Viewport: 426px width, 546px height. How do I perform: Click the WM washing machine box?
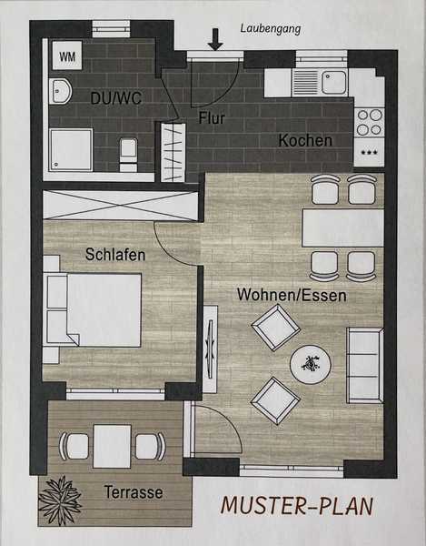(x=67, y=55)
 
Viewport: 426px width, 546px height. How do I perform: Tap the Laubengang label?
(x=271, y=28)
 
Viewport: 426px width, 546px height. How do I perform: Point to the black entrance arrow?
(x=215, y=39)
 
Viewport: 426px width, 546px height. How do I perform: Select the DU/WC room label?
(x=116, y=98)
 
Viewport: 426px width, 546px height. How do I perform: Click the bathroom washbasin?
(x=61, y=91)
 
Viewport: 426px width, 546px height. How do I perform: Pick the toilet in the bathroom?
(x=128, y=153)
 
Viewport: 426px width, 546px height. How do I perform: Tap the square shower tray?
(x=71, y=150)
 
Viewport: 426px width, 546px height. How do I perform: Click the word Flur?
(x=212, y=118)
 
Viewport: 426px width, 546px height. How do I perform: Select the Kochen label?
(x=305, y=140)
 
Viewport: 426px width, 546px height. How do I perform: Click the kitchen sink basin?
(x=334, y=83)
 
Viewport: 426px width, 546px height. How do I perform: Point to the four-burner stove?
(x=370, y=122)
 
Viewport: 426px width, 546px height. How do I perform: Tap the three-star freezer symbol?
(x=369, y=152)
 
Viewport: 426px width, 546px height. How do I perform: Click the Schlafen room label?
(x=115, y=255)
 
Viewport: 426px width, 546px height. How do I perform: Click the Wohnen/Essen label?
(x=292, y=295)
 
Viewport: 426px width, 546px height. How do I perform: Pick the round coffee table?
(x=311, y=364)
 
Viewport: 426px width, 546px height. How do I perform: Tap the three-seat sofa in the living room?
(x=365, y=365)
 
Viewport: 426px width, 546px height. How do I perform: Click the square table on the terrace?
(x=113, y=447)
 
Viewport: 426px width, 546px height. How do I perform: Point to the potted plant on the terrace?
(x=60, y=500)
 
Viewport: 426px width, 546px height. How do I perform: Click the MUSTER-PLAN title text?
(x=297, y=506)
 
